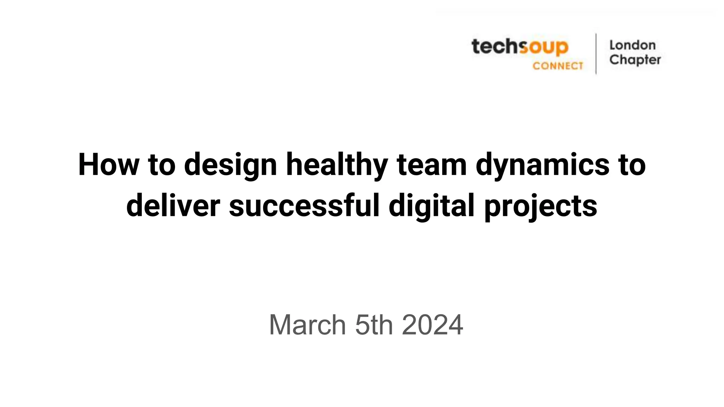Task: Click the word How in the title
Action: click(109, 165)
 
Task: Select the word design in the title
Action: click(230, 165)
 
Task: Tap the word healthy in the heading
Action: click(337, 165)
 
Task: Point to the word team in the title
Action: click(432, 165)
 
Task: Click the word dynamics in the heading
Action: click(542, 165)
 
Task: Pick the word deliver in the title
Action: click(173, 206)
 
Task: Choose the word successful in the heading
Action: click(304, 206)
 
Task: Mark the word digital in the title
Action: click(432, 206)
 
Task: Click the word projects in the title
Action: click(541, 206)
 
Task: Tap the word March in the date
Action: click(307, 325)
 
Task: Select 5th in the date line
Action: click(374, 325)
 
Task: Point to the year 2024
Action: click(432, 325)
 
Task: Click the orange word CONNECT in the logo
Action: click(558, 66)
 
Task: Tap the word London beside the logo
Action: click(632, 45)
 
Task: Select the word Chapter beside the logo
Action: click(635, 60)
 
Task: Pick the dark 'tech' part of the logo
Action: click(495, 47)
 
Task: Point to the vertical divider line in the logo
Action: click(596, 54)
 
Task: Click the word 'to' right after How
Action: click(162, 165)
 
